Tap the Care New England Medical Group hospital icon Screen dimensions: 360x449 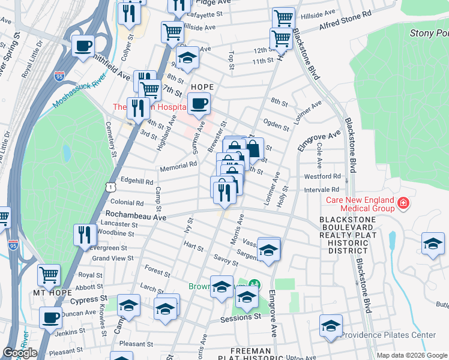point(403,203)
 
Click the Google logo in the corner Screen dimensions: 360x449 point(20,353)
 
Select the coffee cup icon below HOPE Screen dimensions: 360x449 point(200,103)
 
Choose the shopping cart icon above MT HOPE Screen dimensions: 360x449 point(49,275)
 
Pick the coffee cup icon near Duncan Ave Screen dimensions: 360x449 point(51,317)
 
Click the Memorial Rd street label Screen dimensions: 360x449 point(178,168)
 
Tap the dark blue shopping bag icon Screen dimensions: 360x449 point(253,149)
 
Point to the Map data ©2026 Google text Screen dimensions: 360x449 point(411,355)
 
